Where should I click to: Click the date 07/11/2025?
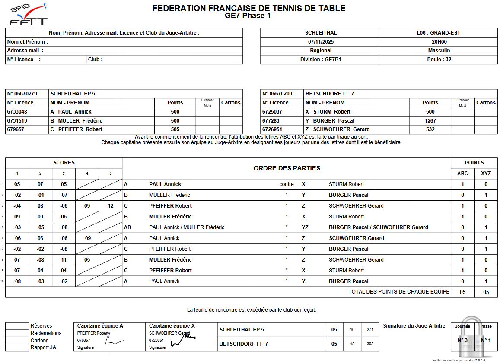pos(320,42)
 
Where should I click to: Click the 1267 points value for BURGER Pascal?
pos(430,121)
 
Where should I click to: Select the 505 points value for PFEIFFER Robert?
pos(175,129)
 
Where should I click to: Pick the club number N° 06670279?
pos(22,94)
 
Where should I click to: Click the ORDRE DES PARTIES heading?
pos(287,168)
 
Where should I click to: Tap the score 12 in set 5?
pos(111,206)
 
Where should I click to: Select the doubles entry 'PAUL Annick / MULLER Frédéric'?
pos(187,227)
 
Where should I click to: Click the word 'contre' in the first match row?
pos(287,184)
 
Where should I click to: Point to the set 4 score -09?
pos(87,238)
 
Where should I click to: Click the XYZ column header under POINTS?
pos(486,174)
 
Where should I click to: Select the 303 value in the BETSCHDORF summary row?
pos(370,344)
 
